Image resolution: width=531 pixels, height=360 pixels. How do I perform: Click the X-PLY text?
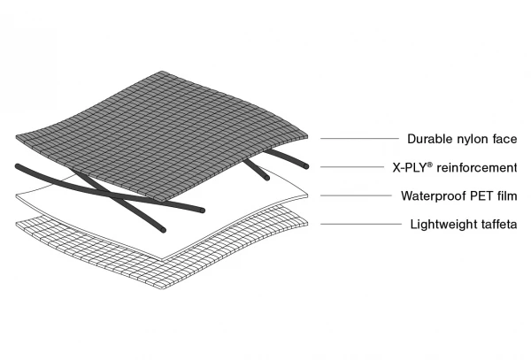pos(411,167)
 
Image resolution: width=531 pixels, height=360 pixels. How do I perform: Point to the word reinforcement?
pos(478,167)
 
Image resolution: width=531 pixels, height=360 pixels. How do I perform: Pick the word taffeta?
pos(498,224)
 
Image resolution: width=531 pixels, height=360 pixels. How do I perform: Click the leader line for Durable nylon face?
pos(358,139)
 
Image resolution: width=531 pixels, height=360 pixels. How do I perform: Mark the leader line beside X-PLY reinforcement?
pos(350,167)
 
